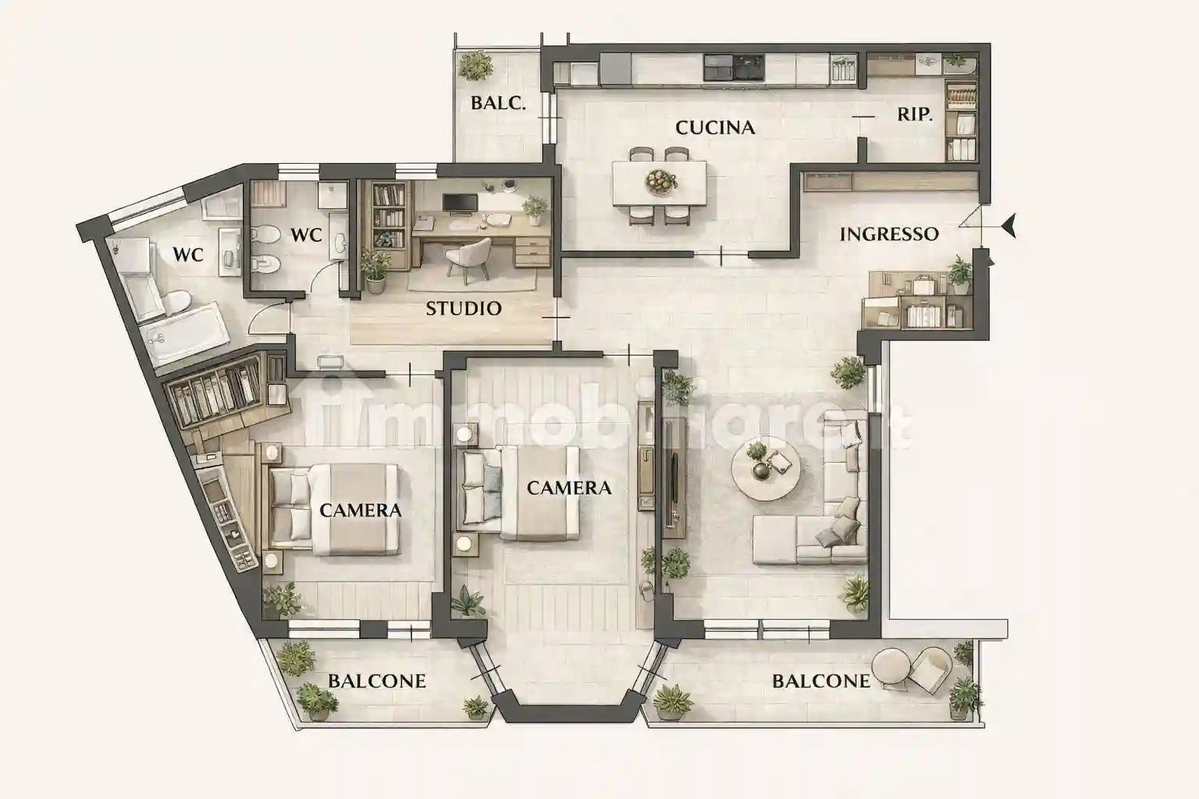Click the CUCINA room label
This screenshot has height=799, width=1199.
(x=715, y=127)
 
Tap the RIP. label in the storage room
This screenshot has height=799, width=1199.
(x=914, y=115)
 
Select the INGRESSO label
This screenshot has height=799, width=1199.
(x=888, y=234)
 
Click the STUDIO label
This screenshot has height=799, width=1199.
(x=464, y=309)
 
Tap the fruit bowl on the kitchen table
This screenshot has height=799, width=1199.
(x=660, y=182)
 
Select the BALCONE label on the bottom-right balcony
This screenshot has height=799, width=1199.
(x=820, y=681)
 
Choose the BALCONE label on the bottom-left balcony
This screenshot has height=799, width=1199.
(x=376, y=681)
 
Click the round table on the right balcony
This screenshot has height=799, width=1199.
(x=892, y=667)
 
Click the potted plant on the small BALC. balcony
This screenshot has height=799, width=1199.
(x=474, y=66)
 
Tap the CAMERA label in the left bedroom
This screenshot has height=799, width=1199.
(x=361, y=510)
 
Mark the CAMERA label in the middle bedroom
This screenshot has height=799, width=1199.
(x=568, y=488)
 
